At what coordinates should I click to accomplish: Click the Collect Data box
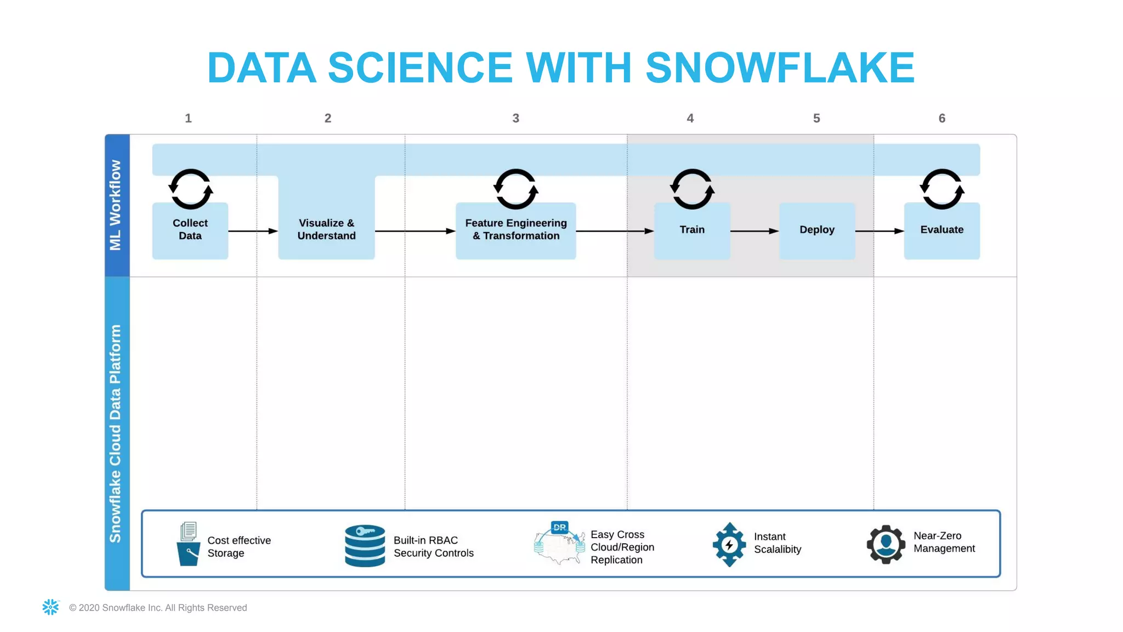190,230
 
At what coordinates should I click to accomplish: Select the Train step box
692,230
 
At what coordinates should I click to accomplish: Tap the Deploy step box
816,230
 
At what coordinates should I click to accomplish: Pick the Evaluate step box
941,230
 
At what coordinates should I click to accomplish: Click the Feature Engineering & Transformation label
515,229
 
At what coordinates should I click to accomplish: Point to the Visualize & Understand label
326,229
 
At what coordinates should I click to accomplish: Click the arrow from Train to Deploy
755,231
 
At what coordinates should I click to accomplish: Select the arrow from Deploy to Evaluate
880,231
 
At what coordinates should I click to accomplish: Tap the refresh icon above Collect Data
190,189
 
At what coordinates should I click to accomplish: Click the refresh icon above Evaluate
941,189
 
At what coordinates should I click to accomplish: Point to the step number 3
515,119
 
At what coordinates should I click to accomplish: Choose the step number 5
816,119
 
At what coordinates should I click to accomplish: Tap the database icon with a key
365,545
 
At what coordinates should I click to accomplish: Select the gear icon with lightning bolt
729,544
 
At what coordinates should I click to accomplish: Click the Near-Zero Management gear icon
886,544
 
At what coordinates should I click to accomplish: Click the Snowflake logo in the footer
50,607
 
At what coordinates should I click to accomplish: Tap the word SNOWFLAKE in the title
780,68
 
